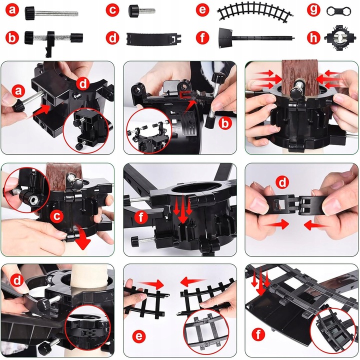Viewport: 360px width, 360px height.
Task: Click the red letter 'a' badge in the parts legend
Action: (12, 10)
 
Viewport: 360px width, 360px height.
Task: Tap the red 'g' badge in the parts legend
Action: (313, 10)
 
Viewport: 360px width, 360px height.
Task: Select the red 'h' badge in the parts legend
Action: (313, 38)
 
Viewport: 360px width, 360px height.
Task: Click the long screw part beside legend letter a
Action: (51, 12)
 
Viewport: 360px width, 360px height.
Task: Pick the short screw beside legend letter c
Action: (141, 11)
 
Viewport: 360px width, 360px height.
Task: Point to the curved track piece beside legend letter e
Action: (256, 11)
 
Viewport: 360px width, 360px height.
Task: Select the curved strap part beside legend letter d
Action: (154, 38)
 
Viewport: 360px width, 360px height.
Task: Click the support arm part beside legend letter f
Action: (256, 37)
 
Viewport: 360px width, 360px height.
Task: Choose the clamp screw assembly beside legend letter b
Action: (53, 41)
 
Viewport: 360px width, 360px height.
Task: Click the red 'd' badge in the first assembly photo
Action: (83, 84)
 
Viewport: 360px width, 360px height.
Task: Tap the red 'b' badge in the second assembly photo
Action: (225, 124)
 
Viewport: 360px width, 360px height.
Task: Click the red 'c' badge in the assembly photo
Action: (56, 216)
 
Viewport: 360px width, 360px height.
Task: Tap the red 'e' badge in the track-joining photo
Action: (139, 336)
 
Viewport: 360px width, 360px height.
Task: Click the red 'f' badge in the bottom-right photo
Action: (258, 334)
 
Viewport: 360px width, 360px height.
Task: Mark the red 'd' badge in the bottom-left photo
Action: (17, 280)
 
